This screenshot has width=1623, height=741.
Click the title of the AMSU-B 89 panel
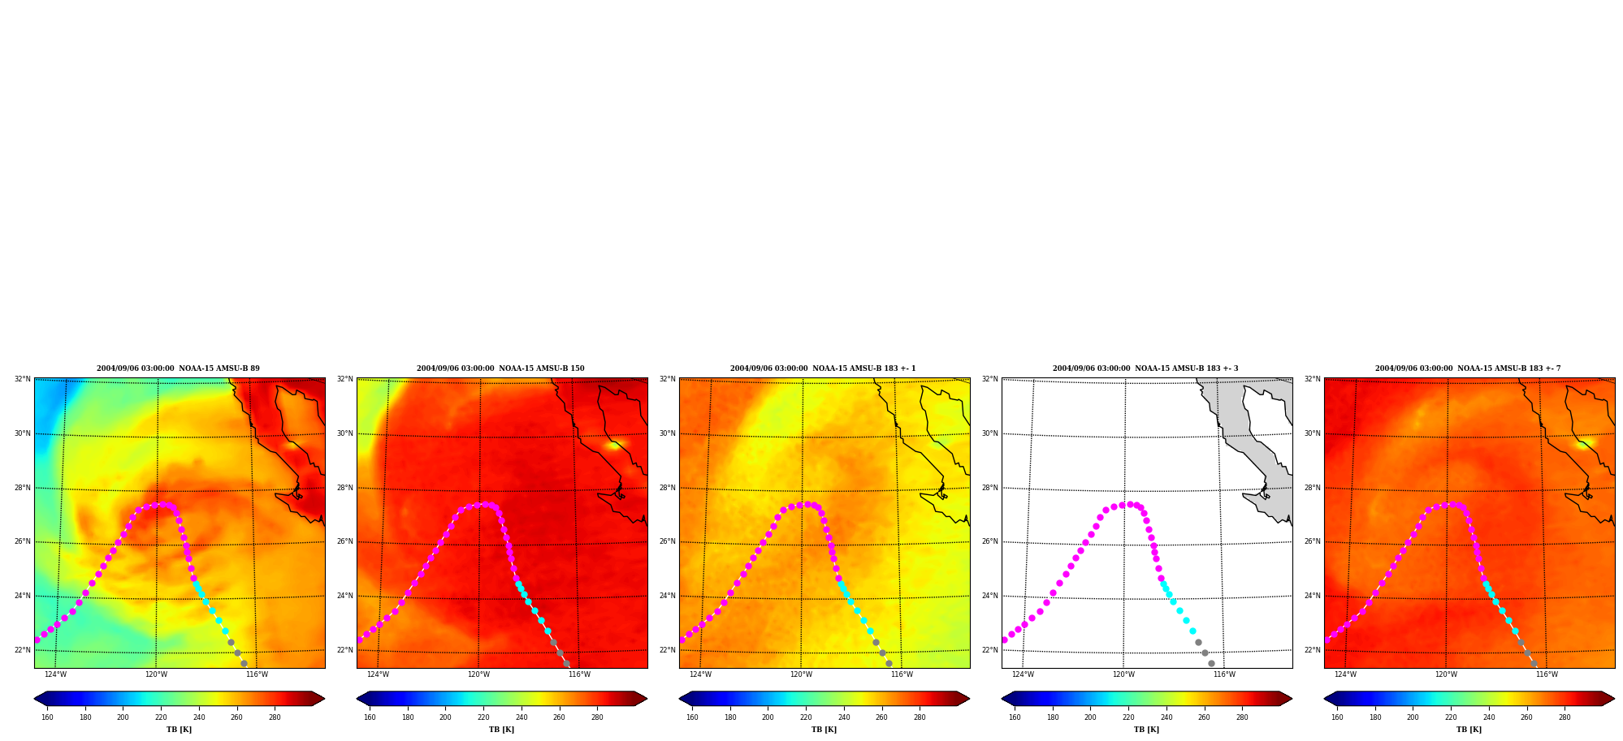coord(178,368)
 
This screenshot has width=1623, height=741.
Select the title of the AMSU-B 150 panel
coord(500,368)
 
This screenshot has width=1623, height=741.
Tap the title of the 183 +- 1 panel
coord(823,368)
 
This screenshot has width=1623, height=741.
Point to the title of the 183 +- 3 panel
coord(1145,368)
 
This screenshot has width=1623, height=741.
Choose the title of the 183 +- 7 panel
coord(1468,368)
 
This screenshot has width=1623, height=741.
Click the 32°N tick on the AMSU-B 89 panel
coord(22,379)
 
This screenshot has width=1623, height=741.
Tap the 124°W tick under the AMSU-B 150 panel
coord(378,674)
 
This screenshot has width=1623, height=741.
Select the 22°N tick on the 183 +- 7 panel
coord(1312,650)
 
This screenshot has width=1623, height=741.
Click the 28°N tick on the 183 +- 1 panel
coord(667,488)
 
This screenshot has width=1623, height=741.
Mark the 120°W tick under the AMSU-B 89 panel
coord(156,674)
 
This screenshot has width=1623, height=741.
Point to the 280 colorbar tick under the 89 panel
coord(275,717)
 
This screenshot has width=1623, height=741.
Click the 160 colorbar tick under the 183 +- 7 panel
coord(1337,717)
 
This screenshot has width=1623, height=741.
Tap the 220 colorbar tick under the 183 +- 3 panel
coord(1128,717)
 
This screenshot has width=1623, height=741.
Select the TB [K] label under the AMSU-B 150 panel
coord(501,730)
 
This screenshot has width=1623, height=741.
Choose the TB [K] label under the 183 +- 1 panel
coord(824,730)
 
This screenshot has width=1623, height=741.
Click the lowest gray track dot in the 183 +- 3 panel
coord(1211,663)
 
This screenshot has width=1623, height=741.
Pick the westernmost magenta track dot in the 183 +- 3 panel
coord(1004,640)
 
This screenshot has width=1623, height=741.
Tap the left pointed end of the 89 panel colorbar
coord(35,698)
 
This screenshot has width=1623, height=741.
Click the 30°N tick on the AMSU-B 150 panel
coord(344,433)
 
